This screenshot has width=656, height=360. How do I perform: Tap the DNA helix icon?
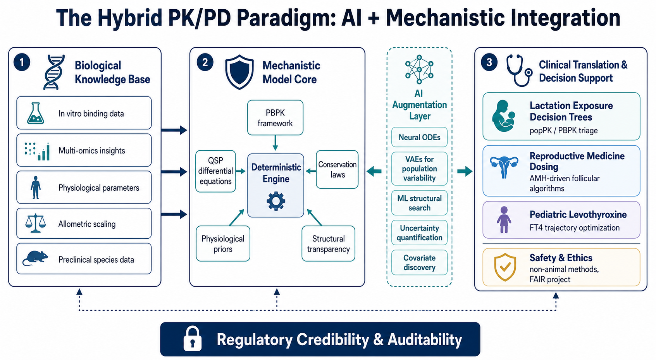(x=54, y=72)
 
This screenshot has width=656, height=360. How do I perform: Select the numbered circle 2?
(x=205, y=62)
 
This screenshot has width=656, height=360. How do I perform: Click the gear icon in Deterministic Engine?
(x=276, y=201)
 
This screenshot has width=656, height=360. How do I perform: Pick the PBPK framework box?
(x=275, y=118)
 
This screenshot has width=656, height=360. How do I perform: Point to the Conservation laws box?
(x=337, y=169)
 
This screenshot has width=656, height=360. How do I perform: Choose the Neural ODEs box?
(x=419, y=137)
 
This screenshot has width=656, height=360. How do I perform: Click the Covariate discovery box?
(x=419, y=262)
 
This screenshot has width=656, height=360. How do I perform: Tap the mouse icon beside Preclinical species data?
(x=35, y=258)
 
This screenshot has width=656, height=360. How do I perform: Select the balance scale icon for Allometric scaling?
(x=35, y=223)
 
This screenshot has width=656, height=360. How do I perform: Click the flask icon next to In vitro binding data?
(x=35, y=113)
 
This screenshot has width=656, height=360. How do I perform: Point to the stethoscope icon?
(x=519, y=70)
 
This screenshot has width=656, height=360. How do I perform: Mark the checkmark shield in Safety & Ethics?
(x=505, y=267)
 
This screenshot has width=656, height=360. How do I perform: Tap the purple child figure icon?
(x=504, y=220)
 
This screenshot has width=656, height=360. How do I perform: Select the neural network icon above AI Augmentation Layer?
(x=419, y=69)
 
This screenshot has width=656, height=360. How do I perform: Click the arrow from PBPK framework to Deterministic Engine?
(x=275, y=143)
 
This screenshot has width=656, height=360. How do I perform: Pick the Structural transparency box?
(x=328, y=243)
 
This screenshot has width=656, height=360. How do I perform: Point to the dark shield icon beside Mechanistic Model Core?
(x=239, y=72)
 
